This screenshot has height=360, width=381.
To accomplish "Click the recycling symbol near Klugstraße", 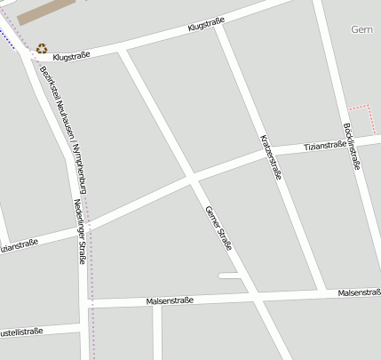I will click(x=42, y=49).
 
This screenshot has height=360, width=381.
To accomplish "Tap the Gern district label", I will click(x=361, y=29).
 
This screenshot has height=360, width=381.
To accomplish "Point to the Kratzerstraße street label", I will click(x=270, y=157).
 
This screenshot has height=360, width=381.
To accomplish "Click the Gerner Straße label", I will click(x=218, y=228).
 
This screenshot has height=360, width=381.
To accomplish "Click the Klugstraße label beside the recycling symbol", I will click(x=73, y=55).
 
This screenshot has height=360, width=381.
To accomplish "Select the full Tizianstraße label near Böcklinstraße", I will click(x=324, y=145).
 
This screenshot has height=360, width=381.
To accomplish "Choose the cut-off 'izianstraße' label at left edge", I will click(x=18, y=244).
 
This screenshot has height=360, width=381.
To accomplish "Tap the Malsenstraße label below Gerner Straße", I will click(x=169, y=301).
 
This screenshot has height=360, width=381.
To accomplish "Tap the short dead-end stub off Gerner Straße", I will click(x=229, y=276).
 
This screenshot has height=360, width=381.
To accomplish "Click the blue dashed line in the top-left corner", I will click(x=9, y=40).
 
